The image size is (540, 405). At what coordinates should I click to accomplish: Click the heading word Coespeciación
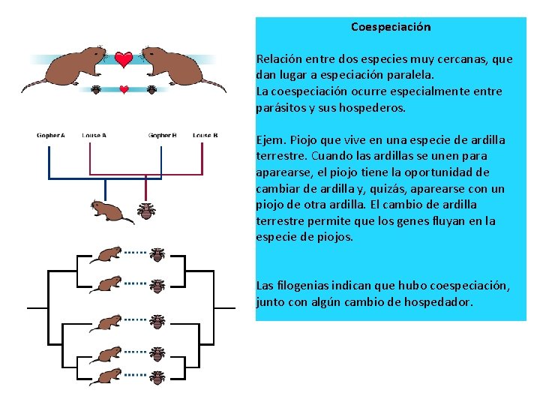pyautogui.click(x=391, y=27)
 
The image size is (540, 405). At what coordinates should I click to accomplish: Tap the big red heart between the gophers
pyautogui.click(x=124, y=58)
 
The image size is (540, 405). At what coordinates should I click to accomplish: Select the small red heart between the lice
pyautogui.click(x=124, y=89)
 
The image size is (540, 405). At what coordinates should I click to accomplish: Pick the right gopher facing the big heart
pyautogui.click(x=177, y=67)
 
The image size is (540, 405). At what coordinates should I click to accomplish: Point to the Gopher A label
pyautogui.click(x=51, y=136)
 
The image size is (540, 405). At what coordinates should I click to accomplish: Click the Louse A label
pyautogui.click(x=94, y=136)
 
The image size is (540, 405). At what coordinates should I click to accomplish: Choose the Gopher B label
pyautogui.click(x=162, y=136)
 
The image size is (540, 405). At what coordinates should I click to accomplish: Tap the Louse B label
pyautogui.click(x=205, y=136)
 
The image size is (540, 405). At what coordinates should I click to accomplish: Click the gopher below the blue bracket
pyautogui.click(x=109, y=211)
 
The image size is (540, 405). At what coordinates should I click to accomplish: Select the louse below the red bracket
pyautogui.click(x=146, y=211)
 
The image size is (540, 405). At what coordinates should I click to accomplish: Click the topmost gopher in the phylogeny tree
pyautogui.click(x=106, y=255)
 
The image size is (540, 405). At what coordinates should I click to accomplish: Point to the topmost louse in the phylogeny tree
pyautogui.click(x=157, y=255)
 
